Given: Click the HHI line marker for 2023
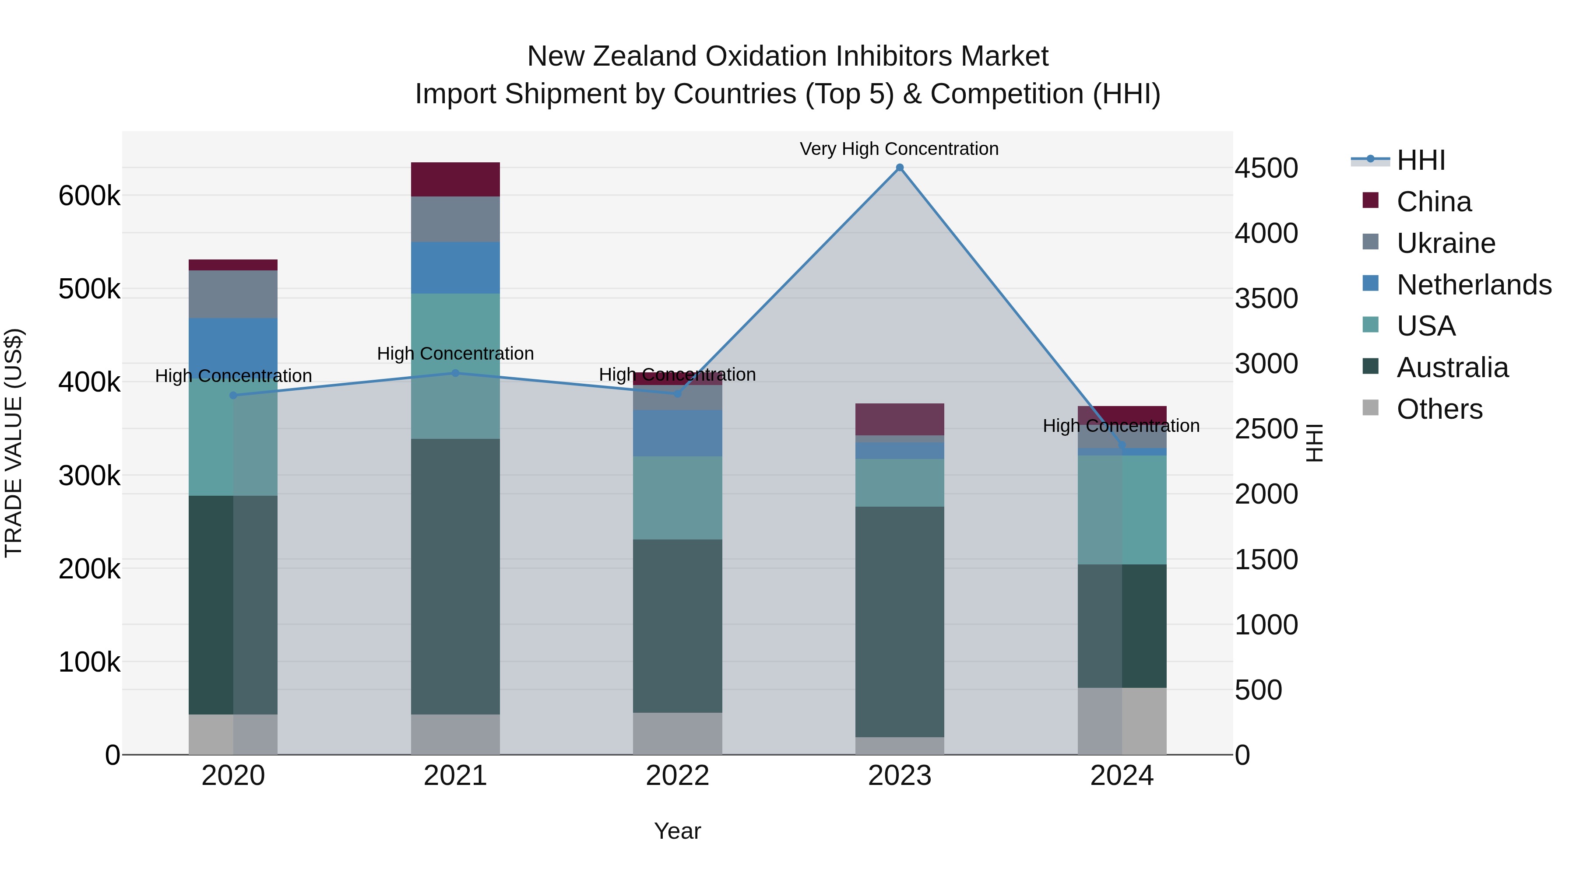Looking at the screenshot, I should point(899,168).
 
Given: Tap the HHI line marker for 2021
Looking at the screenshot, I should point(455,373).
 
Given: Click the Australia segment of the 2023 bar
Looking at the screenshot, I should point(899,621).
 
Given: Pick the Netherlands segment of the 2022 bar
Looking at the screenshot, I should point(677,433).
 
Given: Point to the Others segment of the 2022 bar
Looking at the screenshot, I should point(677,733).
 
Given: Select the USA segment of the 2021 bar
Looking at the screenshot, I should point(455,366).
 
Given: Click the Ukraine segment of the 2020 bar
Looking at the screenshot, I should point(233,294).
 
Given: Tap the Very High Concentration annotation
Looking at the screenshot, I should point(899,149).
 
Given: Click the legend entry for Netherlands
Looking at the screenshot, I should point(1474,285).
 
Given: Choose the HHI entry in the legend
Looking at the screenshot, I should point(1421,160).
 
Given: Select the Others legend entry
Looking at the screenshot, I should point(1439,409).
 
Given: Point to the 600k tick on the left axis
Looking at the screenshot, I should point(89,196).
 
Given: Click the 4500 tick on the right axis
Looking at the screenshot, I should point(1266,168).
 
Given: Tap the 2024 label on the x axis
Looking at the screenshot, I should point(1122,776).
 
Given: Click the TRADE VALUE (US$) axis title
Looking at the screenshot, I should point(14,443).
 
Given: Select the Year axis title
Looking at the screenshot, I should point(677,831).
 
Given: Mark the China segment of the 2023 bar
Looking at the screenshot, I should point(899,420).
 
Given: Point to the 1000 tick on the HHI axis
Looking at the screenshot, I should point(1266,625).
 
